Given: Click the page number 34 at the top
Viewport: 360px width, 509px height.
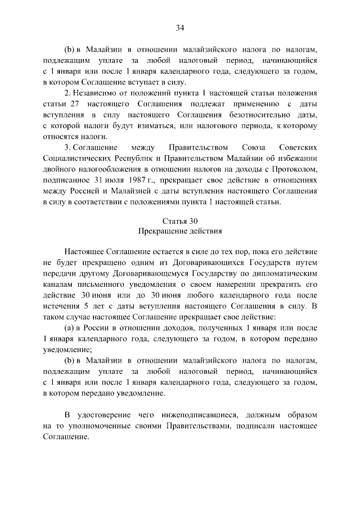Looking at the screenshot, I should click(x=180, y=28).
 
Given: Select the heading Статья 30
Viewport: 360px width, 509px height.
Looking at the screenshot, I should click(x=179, y=220).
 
